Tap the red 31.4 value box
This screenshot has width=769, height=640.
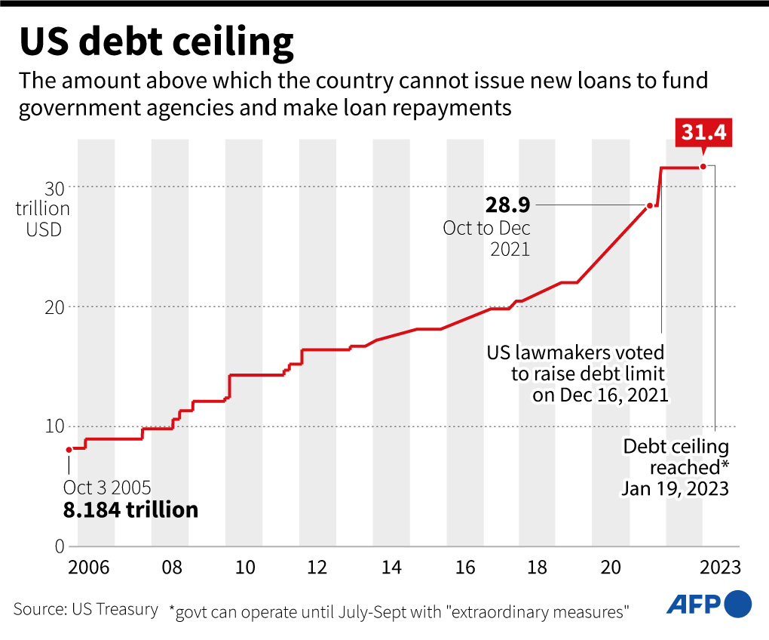pos(703,133)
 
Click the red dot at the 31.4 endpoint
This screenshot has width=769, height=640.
pos(703,167)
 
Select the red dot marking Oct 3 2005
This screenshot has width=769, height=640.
pos(69,450)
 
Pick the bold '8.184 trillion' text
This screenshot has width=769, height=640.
pos(130,510)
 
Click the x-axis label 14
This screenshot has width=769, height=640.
pos(391,567)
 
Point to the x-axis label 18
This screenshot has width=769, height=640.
pos(538,567)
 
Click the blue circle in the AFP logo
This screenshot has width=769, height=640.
pos(737,604)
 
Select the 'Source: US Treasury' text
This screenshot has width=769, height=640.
pos(86,609)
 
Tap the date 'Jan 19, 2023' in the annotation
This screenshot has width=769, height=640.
pos(675,488)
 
